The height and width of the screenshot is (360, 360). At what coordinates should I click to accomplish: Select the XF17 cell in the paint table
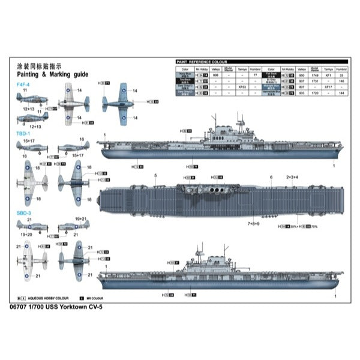(x=328, y=88)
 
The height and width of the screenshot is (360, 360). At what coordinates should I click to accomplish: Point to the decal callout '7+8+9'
(x=255, y=223)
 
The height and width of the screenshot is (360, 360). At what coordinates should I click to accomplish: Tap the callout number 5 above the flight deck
(x=155, y=176)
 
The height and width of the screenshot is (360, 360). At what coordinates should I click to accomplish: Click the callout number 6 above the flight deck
(x=271, y=177)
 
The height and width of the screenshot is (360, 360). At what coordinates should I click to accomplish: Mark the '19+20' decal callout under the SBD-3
(x=28, y=235)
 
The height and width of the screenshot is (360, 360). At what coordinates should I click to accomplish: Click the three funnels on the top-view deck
(x=215, y=191)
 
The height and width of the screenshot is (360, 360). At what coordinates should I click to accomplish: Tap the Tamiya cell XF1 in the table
(x=328, y=76)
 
